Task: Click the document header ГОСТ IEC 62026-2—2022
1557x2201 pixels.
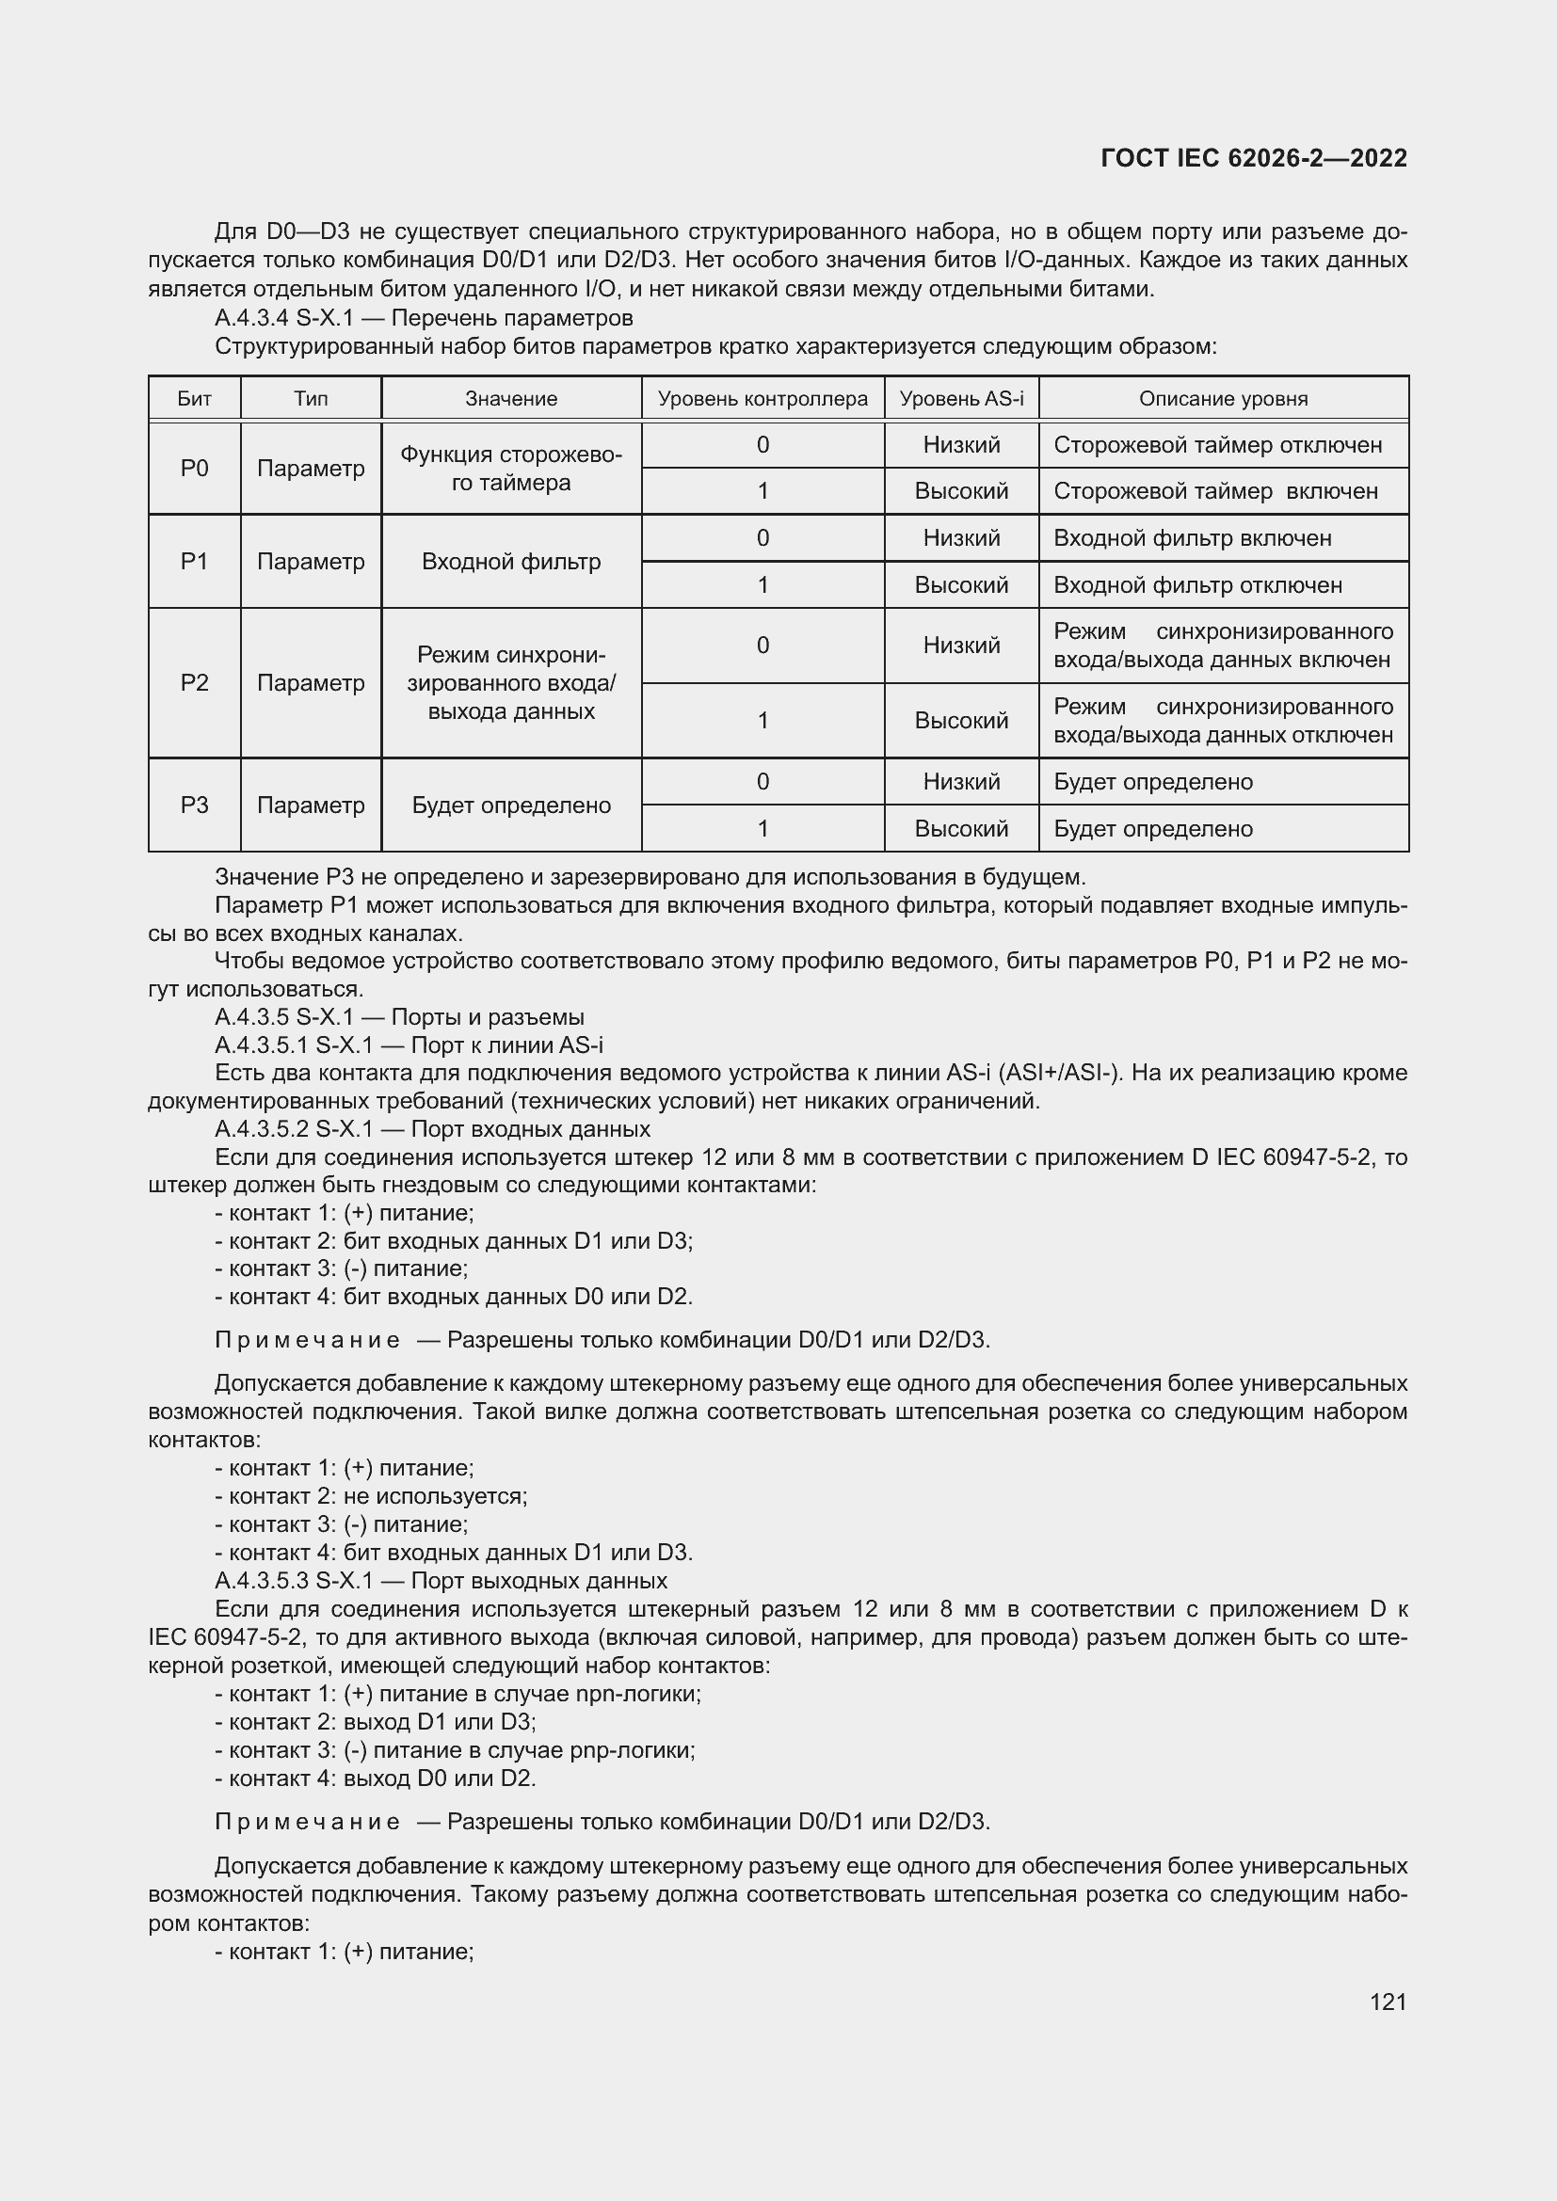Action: tap(1253, 158)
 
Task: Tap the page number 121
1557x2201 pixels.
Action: tap(1388, 2002)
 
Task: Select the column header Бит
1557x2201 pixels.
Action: tap(194, 399)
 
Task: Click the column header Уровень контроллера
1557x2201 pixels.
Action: tap(762, 399)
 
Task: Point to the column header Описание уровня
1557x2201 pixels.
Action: tap(1223, 399)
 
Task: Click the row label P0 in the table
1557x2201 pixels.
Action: tap(194, 468)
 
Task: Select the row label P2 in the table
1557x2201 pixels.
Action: tap(194, 682)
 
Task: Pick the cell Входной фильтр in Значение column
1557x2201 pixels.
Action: tap(511, 562)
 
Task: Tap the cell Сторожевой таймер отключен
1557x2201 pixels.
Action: tap(1217, 445)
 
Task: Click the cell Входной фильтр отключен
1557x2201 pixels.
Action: tap(1197, 584)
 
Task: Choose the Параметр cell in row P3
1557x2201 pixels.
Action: tap(311, 805)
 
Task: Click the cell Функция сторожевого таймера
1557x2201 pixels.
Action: tap(511, 468)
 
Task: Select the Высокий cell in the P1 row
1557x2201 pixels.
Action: tap(961, 584)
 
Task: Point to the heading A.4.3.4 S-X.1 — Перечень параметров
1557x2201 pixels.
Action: tap(424, 317)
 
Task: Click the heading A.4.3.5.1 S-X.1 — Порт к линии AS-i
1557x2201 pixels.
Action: tap(409, 1045)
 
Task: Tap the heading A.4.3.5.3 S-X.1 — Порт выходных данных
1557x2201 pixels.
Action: tap(441, 1581)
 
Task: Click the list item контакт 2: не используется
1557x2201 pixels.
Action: tap(372, 1496)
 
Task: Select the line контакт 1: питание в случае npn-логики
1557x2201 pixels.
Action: tap(458, 1694)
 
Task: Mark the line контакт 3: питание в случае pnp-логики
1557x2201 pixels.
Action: tap(456, 1750)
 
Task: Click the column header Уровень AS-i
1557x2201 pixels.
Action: tap(961, 399)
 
